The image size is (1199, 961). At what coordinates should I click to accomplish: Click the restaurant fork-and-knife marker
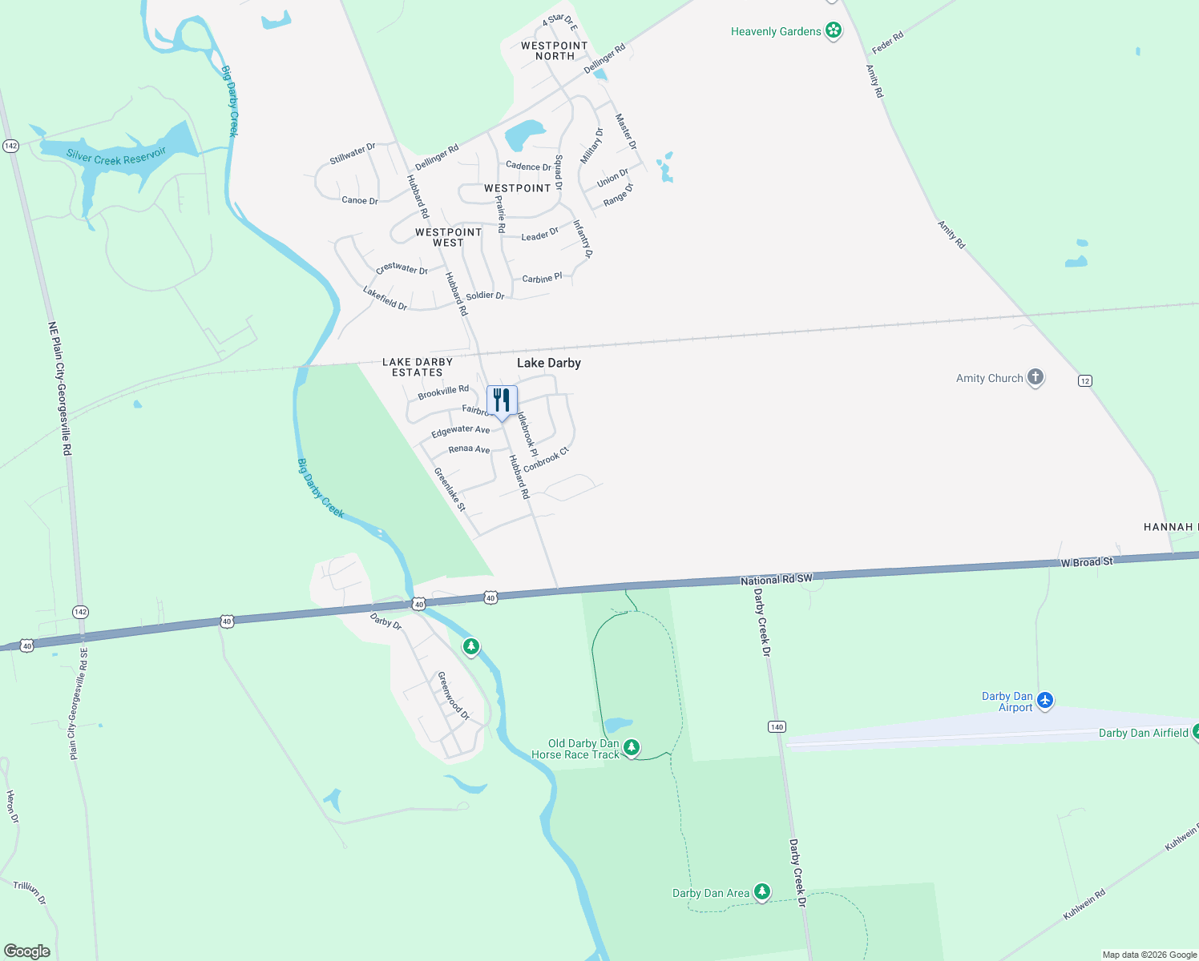tap(502, 400)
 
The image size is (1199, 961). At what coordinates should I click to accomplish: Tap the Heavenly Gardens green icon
tap(834, 30)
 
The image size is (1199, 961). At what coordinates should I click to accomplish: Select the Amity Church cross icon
tap(1035, 377)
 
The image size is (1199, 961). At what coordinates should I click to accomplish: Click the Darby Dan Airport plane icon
tap(1044, 701)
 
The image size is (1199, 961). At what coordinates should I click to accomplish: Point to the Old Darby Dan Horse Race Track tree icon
tap(632, 747)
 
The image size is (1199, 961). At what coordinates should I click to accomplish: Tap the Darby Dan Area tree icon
tap(762, 891)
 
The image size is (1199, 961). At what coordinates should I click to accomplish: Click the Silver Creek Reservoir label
tap(116, 155)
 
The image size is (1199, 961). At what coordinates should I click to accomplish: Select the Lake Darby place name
tap(549, 363)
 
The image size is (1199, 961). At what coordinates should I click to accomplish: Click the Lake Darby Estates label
tap(418, 368)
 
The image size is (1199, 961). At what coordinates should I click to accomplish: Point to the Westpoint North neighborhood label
tap(555, 50)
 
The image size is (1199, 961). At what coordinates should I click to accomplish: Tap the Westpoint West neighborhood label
tap(448, 237)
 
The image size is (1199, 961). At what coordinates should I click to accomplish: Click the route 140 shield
tap(777, 726)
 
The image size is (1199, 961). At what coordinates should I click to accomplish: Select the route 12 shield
tap(1085, 380)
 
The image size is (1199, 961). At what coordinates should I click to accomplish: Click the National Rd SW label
tap(776, 579)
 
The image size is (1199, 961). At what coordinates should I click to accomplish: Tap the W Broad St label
tap(1087, 562)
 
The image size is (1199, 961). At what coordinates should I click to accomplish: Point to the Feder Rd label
tap(887, 42)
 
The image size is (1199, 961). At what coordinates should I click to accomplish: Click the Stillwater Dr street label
tap(353, 153)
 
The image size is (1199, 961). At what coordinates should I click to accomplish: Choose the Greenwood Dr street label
tap(453, 695)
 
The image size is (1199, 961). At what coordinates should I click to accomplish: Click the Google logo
tap(27, 951)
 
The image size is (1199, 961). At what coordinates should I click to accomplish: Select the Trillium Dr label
tap(30, 892)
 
